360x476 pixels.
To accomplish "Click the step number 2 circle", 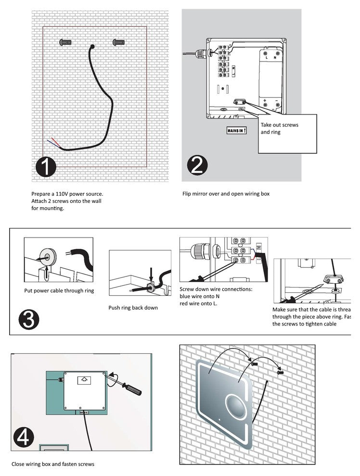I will click(197, 166).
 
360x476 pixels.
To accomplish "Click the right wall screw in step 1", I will click(117, 42).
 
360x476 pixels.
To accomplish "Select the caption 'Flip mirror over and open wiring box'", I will click(226, 194).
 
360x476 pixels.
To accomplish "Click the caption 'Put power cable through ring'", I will click(59, 290).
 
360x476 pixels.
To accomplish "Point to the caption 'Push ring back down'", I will click(133, 308).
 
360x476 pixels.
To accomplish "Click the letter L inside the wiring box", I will click(266, 58).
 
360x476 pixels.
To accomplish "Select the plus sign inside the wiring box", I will click(265, 101).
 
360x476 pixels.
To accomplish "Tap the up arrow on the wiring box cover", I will click(85, 379).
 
